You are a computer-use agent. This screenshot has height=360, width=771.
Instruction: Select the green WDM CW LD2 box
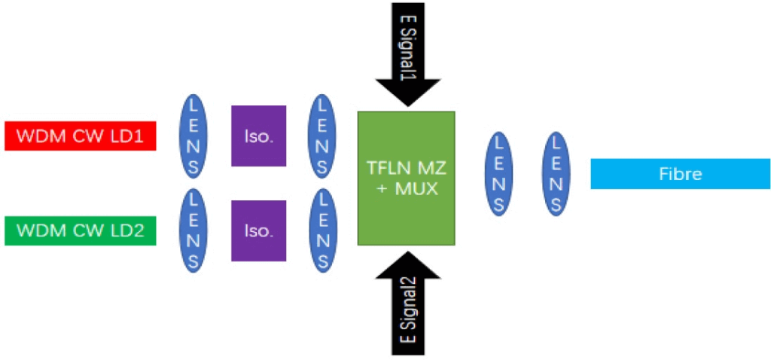[80, 230]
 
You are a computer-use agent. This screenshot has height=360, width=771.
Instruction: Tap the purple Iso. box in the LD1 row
[258, 136]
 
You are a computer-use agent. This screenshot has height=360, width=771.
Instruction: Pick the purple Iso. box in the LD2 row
[258, 230]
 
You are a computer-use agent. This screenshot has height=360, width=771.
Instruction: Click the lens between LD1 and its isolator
[193, 136]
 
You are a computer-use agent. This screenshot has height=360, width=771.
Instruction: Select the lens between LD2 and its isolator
[193, 230]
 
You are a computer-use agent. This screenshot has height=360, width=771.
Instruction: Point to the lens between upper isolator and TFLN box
[323, 136]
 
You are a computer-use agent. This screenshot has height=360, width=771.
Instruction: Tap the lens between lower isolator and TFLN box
[323, 230]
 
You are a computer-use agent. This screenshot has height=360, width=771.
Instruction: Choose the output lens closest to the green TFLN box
[498, 174]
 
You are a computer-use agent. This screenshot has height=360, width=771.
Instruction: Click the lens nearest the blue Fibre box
[556, 174]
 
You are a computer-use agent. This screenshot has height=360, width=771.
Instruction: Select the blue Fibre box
[680, 174]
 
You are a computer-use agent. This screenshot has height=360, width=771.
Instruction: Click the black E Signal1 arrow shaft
[407, 38]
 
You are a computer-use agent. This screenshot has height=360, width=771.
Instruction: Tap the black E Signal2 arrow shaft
[407, 316]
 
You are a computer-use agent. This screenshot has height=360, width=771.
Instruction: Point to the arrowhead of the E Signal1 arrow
[407, 92]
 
